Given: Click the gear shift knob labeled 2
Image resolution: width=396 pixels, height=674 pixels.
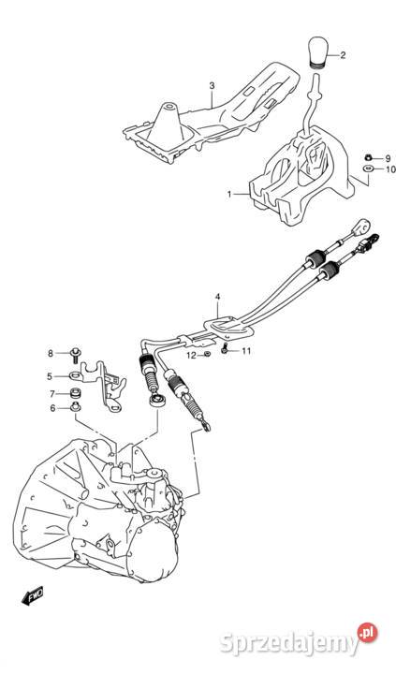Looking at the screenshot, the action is click(318, 52).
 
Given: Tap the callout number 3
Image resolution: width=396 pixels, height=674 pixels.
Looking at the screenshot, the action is click(212, 86).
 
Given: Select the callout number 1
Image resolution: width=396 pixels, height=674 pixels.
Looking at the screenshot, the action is click(229, 195).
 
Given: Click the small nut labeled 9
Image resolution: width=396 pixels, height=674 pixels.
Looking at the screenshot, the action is click(368, 158).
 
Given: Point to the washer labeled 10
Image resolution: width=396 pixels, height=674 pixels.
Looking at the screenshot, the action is click(368, 168).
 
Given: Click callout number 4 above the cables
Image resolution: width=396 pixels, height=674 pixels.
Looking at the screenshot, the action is click(217, 297).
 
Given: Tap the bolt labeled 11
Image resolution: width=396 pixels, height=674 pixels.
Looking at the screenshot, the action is click(225, 350).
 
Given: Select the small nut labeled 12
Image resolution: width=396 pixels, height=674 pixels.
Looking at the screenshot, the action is click(206, 354).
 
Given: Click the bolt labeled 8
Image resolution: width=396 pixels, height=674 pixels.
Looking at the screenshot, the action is click(76, 354).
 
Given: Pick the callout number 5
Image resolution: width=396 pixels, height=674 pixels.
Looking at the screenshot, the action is click(50, 376).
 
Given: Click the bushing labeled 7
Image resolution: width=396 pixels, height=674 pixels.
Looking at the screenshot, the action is click(76, 393).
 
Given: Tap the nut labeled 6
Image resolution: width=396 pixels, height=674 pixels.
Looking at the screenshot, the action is click(76, 406).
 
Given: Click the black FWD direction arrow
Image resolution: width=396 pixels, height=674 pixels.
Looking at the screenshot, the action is click(33, 595).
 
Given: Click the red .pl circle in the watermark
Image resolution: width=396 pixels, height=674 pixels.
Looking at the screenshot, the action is click(367, 633).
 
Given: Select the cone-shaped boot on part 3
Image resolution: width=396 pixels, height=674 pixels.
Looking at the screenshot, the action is click(169, 122).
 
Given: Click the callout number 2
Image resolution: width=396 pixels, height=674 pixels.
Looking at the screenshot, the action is click(343, 55).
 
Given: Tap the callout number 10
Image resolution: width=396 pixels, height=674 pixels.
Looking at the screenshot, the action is click(390, 169).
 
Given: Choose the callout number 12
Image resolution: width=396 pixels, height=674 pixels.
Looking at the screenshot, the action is click(191, 356).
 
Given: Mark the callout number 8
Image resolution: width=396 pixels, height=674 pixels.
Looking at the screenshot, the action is click(51, 353).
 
